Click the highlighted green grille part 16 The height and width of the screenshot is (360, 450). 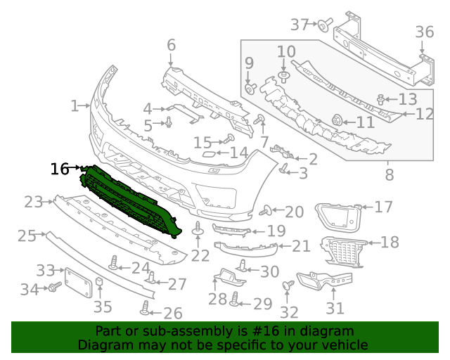(130, 200)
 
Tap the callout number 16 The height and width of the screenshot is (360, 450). (60, 169)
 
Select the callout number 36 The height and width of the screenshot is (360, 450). (424, 32)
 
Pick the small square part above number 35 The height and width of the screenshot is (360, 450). (100, 284)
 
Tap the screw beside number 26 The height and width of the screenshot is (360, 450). (146, 307)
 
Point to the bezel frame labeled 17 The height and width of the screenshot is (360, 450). (336, 214)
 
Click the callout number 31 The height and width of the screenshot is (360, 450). (335, 308)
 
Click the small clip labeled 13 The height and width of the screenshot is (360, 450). (381, 99)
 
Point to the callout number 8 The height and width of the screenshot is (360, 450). (389, 172)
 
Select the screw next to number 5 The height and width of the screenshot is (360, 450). (169, 124)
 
